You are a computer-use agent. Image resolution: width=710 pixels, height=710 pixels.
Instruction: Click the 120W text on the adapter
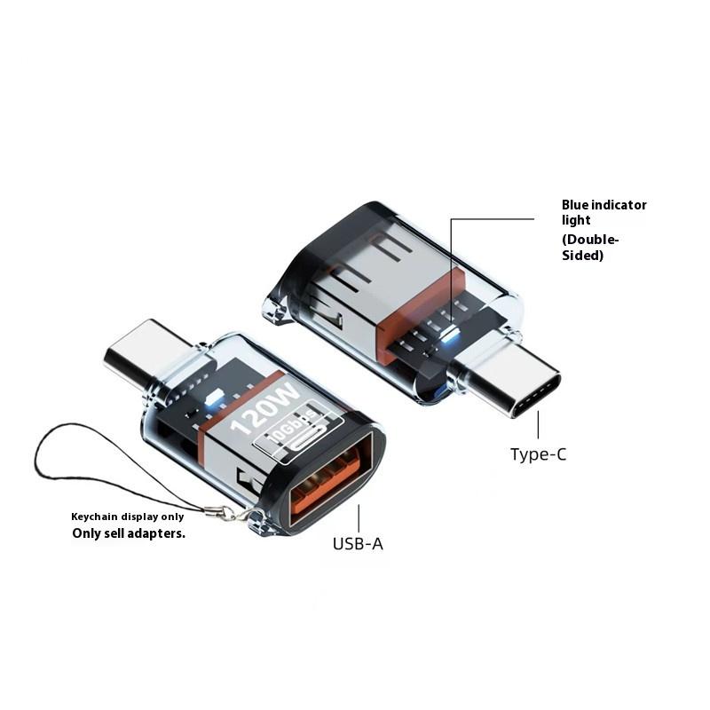click(x=264, y=410)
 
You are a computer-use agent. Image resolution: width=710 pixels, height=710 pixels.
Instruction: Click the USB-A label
click(x=358, y=544)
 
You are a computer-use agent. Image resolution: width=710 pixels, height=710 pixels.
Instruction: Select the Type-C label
click(x=539, y=454)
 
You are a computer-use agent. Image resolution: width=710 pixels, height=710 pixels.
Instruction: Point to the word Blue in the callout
click(x=574, y=205)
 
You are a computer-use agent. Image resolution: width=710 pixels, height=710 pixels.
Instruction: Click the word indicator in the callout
click(x=619, y=205)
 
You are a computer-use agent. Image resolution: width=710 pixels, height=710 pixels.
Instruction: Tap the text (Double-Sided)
click(x=590, y=248)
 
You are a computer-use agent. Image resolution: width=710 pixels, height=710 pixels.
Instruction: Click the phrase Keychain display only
click(x=127, y=517)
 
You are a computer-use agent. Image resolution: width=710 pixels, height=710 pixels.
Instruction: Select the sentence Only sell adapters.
click(x=129, y=533)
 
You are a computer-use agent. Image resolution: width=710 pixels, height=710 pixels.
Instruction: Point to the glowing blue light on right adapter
click(x=450, y=335)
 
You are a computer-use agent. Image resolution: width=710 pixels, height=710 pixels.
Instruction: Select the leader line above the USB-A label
click(x=359, y=518)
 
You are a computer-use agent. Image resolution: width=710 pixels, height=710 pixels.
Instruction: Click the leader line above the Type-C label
click(x=538, y=424)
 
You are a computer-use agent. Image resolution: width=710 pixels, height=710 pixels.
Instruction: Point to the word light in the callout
click(x=576, y=220)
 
